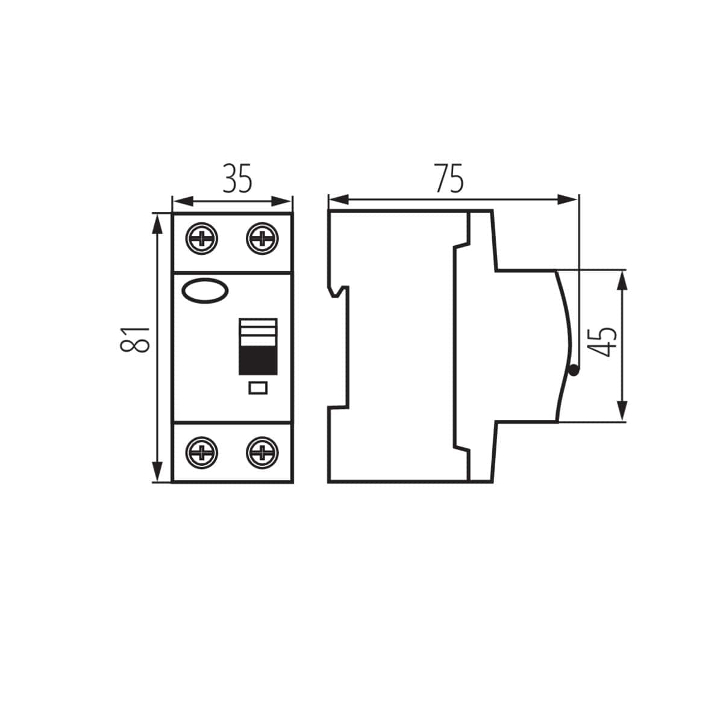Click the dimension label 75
[449, 178]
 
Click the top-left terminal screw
[202, 239]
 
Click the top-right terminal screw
[262, 239]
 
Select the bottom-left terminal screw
[202, 452]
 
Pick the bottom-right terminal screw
[262, 452]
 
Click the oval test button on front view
[205, 291]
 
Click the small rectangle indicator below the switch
[258, 388]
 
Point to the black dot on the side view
[574, 371]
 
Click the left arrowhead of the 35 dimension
[181, 201]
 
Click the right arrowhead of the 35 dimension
[284, 201]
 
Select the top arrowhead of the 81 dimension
[157, 223]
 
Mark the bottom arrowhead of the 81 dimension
[157, 472]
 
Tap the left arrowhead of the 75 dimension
[337, 199]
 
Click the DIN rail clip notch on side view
[341, 292]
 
